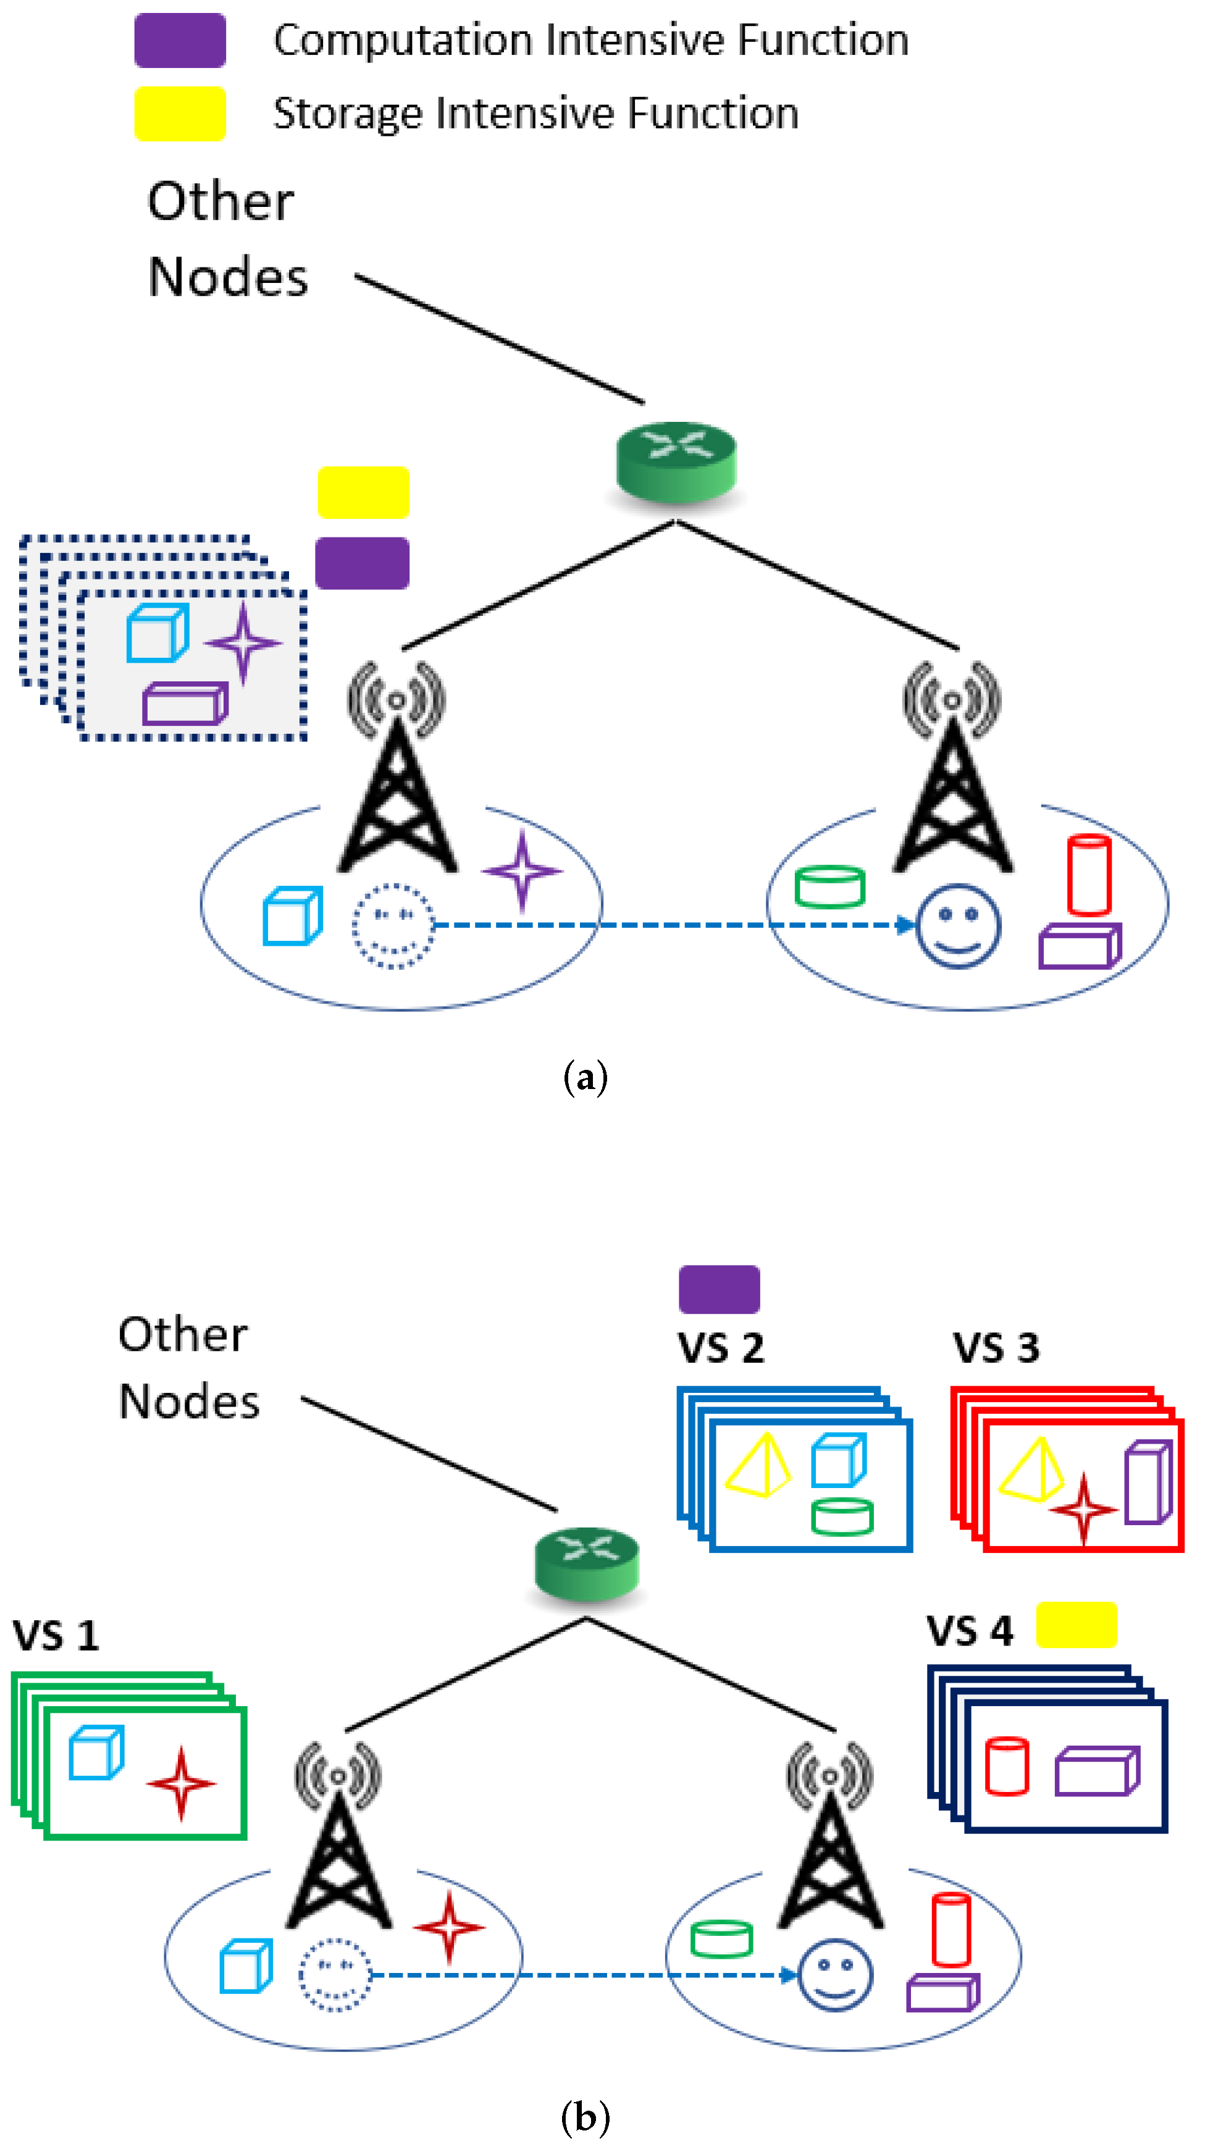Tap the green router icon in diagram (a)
coord(676,461)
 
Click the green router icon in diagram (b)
coord(587,1563)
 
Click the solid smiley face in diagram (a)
coord(958,926)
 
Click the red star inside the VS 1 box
coord(181,1783)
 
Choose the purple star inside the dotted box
coord(243,642)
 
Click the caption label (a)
coord(586,1077)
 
